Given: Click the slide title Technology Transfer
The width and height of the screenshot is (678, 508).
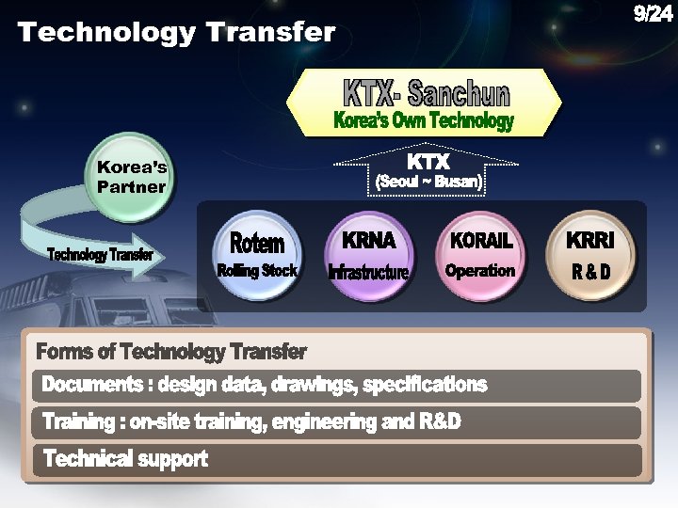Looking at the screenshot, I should pyautogui.click(x=176, y=33).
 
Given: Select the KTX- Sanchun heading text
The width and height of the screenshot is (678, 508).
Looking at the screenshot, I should pyautogui.click(x=426, y=93).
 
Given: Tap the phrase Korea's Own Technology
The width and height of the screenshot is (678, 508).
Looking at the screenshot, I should pyautogui.click(x=424, y=121).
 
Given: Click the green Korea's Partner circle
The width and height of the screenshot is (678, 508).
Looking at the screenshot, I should pyautogui.click(x=132, y=177).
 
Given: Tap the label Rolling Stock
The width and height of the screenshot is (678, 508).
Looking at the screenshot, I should pyautogui.click(x=257, y=271).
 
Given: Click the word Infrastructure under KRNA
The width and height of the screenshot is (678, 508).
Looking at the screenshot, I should pyautogui.click(x=368, y=273).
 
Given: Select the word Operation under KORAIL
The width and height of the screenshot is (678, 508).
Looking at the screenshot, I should pyautogui.click(x=480, y=271).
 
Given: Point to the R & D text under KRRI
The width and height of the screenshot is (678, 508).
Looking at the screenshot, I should pyautogui.click(x=590, y=273).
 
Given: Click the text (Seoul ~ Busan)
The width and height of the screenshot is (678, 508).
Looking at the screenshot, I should pyautogui.click(x=429, y=183).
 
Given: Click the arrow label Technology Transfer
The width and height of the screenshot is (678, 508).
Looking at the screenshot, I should pyautogui.click(x=101, y=256).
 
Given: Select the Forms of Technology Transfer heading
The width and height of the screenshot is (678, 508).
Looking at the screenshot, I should pyautogui.click(x=171, y=352).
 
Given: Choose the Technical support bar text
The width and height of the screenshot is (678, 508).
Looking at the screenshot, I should pyautogui.click(x=125, y=459).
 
